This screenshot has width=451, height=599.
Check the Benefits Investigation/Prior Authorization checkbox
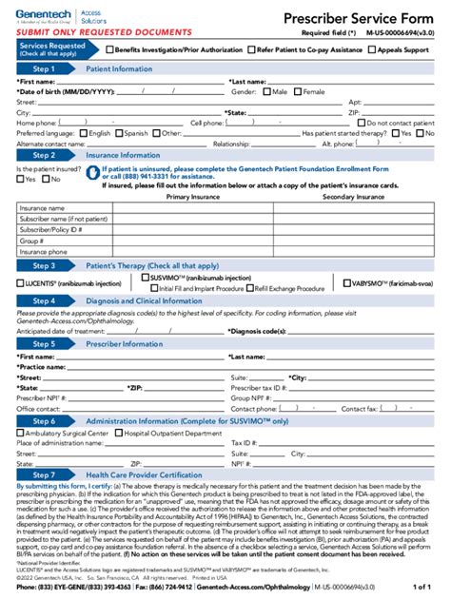[x=109, y=48]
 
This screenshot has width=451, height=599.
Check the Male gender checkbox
[x=265, y=92]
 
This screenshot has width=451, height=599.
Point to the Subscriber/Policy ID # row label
[x=49, y=230]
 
